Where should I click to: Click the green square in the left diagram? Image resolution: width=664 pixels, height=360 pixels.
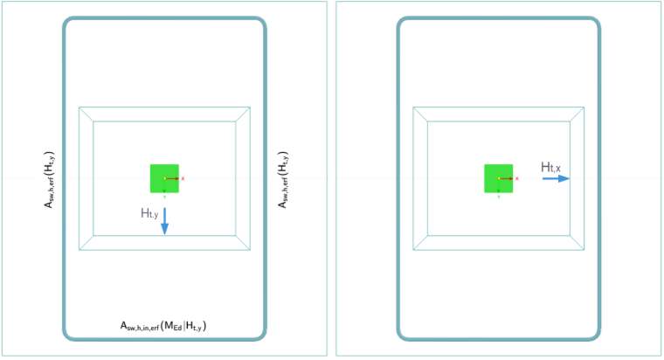tap(164, 178)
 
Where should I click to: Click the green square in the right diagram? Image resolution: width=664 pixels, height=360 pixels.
tap(498, 178)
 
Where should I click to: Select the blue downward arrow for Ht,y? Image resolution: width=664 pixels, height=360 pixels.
tap(165, 221)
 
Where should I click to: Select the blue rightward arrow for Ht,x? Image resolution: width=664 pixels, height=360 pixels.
tap(556, 179)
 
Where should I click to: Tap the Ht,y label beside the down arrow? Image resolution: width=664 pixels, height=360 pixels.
tap(149, 213)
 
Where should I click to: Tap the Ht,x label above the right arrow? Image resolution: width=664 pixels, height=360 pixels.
tap(550, 167)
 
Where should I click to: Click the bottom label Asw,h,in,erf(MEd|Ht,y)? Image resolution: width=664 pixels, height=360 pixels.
tap(163, 326)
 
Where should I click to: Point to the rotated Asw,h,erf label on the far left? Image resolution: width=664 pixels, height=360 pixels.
tap(49, 180)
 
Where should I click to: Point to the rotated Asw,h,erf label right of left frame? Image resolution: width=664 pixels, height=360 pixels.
tap(282, 180)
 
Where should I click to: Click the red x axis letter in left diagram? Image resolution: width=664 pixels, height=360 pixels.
tap(183, 179)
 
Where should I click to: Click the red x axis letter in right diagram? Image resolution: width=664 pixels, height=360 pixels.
tap(517, 179)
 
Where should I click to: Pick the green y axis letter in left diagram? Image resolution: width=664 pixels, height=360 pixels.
tap(165, 197)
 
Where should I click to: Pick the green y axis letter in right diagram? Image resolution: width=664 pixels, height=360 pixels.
tap(499, 197)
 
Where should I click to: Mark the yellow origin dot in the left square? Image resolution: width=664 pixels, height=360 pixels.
tap(165, 179)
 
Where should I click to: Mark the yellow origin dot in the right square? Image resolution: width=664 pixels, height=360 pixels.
tap(499, 179)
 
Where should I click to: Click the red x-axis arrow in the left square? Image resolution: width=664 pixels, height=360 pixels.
tap(172, 179)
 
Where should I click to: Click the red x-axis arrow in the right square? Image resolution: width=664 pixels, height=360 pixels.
tap(507, 179)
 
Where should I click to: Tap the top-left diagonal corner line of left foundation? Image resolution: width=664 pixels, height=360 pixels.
tap(86, 114)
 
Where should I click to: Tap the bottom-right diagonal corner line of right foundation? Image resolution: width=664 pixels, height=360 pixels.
tap(578, 243)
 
